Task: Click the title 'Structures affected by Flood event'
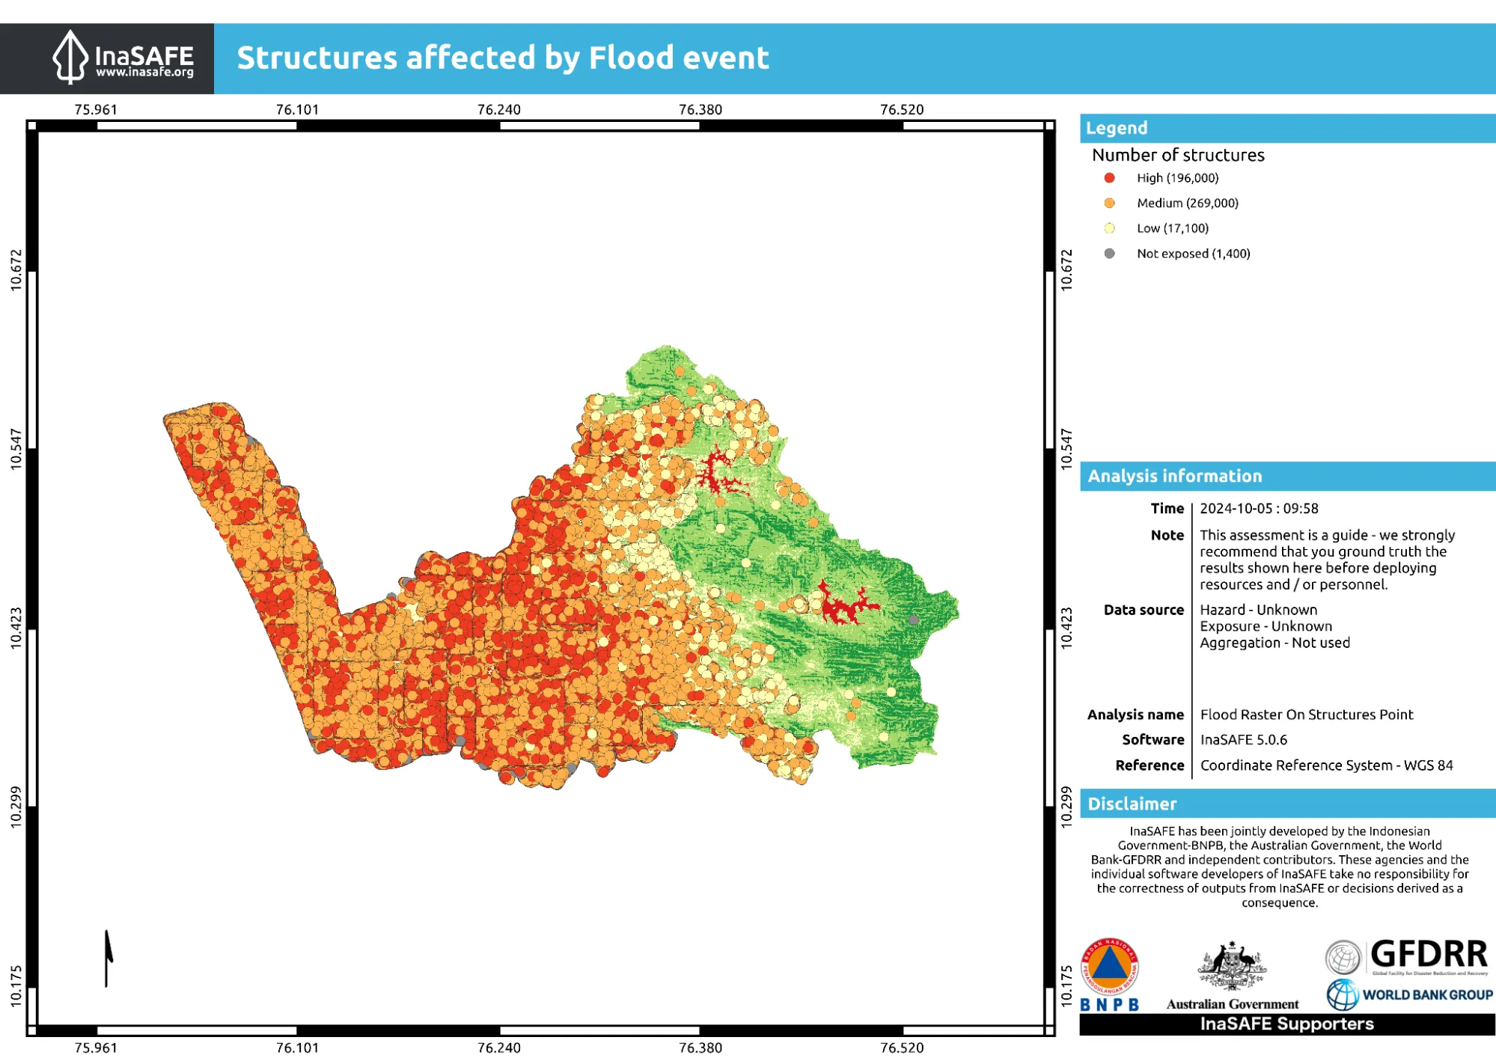502,58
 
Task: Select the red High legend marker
1109,178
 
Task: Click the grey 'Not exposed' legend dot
1109,254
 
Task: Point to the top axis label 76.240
498,109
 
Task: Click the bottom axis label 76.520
901,1047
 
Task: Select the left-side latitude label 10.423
16,627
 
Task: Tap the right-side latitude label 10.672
1066,270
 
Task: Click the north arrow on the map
108,958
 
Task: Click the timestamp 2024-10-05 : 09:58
1259,508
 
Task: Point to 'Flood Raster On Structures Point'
1306,714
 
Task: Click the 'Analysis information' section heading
1174,476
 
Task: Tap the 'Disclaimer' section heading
1132,804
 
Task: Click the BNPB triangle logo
1109,966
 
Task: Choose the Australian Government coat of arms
1232,966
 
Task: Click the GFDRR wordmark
1428,955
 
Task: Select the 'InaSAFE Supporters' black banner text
1286,1024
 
